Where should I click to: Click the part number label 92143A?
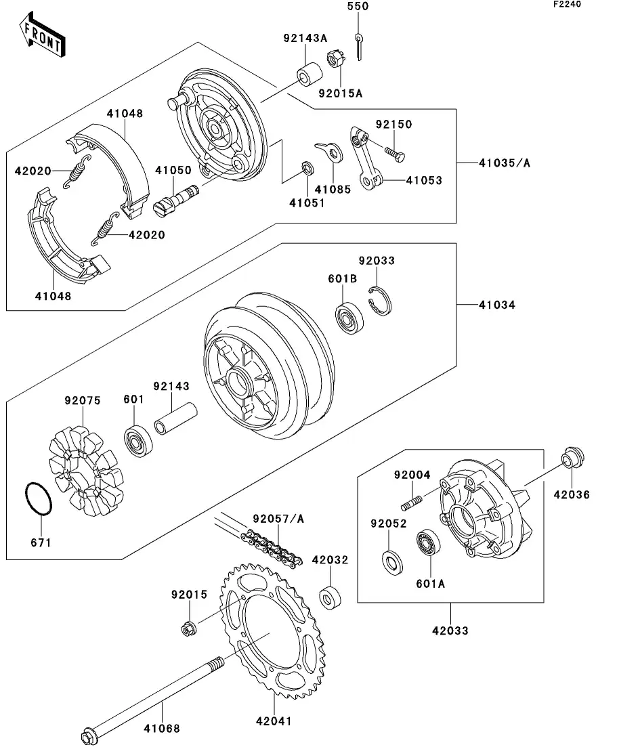click(x=305, y=39)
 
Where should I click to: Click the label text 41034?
click(x=496, y=305)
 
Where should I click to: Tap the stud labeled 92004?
click(x=413, y=502)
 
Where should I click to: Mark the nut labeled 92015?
click(x=188, y=628)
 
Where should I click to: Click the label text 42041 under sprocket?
click(x=273, y=721)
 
